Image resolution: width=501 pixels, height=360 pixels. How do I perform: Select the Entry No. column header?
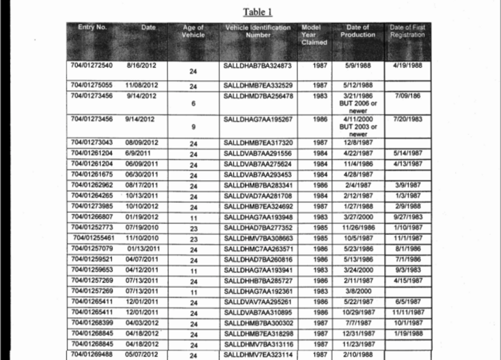[x=92, y=28]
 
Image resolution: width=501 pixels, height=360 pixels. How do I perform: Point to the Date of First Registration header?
[x=407, y=31]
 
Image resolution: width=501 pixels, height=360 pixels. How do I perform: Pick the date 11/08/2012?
[x=142, y=85]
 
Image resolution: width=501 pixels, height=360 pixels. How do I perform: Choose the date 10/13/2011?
[x=142, y=197]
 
